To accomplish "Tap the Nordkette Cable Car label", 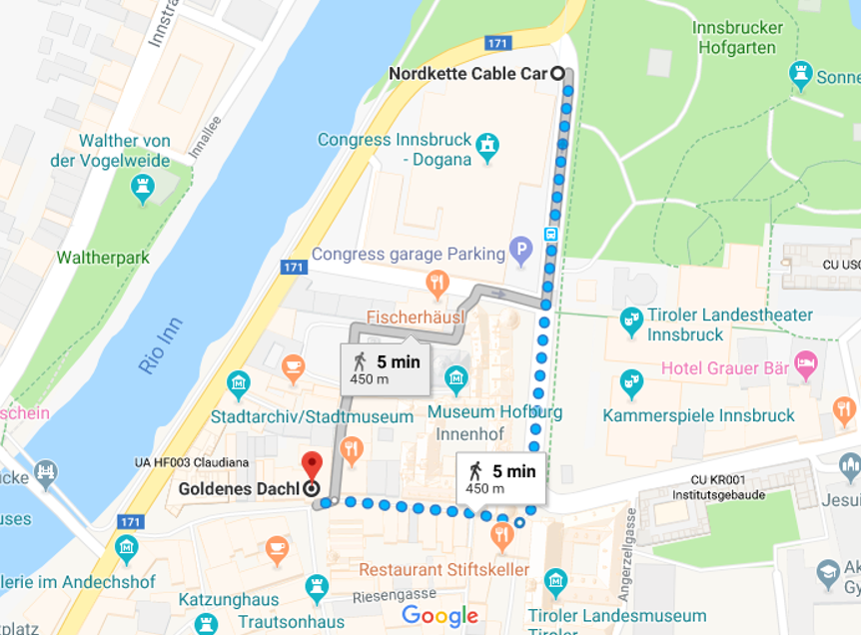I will [467, 74].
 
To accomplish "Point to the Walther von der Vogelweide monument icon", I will [143, 187].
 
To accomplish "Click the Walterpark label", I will [103, 258].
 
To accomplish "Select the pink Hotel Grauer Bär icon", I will [805, 363].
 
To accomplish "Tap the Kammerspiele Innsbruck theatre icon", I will [630, 381].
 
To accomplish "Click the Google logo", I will [440, 615].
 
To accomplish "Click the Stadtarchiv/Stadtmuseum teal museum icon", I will [238, 383].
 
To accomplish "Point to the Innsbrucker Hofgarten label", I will [737, 37].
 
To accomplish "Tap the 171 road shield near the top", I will [497, 43].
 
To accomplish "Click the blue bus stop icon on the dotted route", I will [550, 234].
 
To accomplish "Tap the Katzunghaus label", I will [228, 600].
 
